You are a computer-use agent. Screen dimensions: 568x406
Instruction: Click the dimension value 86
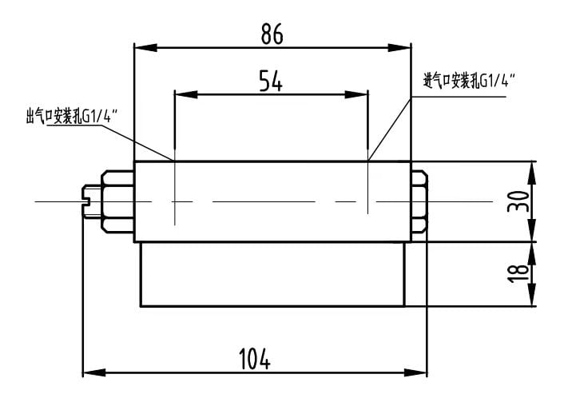click(x=272, y=34)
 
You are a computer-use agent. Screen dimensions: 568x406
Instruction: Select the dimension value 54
click(x=271, y=81)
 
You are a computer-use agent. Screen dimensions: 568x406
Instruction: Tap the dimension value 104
click(x=255, y=359)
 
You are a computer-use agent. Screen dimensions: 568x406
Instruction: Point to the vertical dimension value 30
click(x=518, y=201)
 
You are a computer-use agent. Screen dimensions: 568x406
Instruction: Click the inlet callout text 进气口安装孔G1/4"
click(x=469, y=81)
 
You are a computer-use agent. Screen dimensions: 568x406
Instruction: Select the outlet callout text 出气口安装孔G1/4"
click(x=71, y=117)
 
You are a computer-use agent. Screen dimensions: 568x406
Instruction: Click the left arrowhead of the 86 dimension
click(x=145, y=47)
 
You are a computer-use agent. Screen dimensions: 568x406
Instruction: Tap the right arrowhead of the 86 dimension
click(x=399, y=47)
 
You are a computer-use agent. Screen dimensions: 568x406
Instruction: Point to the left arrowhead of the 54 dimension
click(x=186, y=94)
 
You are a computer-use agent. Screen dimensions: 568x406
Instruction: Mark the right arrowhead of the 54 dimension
click(x=356, y=94)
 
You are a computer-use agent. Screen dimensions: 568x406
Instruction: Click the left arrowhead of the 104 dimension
click(x=94, y=372)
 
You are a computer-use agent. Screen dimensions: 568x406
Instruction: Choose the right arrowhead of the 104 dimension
click(x=416, y=372)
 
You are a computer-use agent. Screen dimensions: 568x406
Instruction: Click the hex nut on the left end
click(x=117, y=201)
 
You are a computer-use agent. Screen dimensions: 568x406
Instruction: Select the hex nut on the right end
click(x=419, y=201)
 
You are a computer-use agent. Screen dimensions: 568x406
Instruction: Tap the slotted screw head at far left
click(x=92, y=201)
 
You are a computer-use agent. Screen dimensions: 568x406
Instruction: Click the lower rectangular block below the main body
click(x=272, y=274)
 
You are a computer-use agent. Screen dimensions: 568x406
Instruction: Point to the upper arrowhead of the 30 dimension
click(x=531, y=173)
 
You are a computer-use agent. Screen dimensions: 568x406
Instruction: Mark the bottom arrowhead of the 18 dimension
click(x=531, y=295)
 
